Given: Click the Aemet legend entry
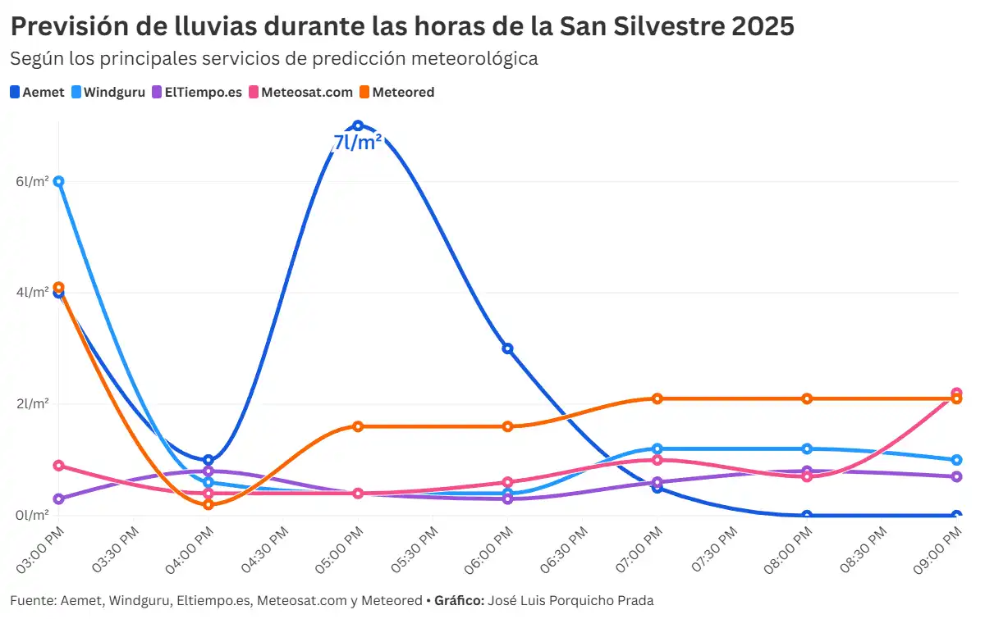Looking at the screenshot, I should [37, 92].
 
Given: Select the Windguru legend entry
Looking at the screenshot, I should [108, 92].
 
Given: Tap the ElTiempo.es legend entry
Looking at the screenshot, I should [197, 92].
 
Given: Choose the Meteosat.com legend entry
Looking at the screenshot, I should [300, 92].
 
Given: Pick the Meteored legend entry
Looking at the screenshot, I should [396, 92].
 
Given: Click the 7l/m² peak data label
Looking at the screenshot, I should [357, 143].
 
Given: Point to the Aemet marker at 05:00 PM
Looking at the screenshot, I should [358, 125].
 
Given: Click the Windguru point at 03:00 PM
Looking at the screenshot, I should [58, 181].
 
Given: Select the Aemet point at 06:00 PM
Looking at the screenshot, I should [507, 348].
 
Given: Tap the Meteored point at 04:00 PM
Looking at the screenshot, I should [208, 504].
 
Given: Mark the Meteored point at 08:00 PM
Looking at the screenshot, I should [807, 398].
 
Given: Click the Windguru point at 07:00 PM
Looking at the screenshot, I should [657, 448].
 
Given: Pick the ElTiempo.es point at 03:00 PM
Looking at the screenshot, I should [58, 498].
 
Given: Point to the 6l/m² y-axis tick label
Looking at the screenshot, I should [33, 181].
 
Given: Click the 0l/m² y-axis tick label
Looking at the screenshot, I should [33, 516].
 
